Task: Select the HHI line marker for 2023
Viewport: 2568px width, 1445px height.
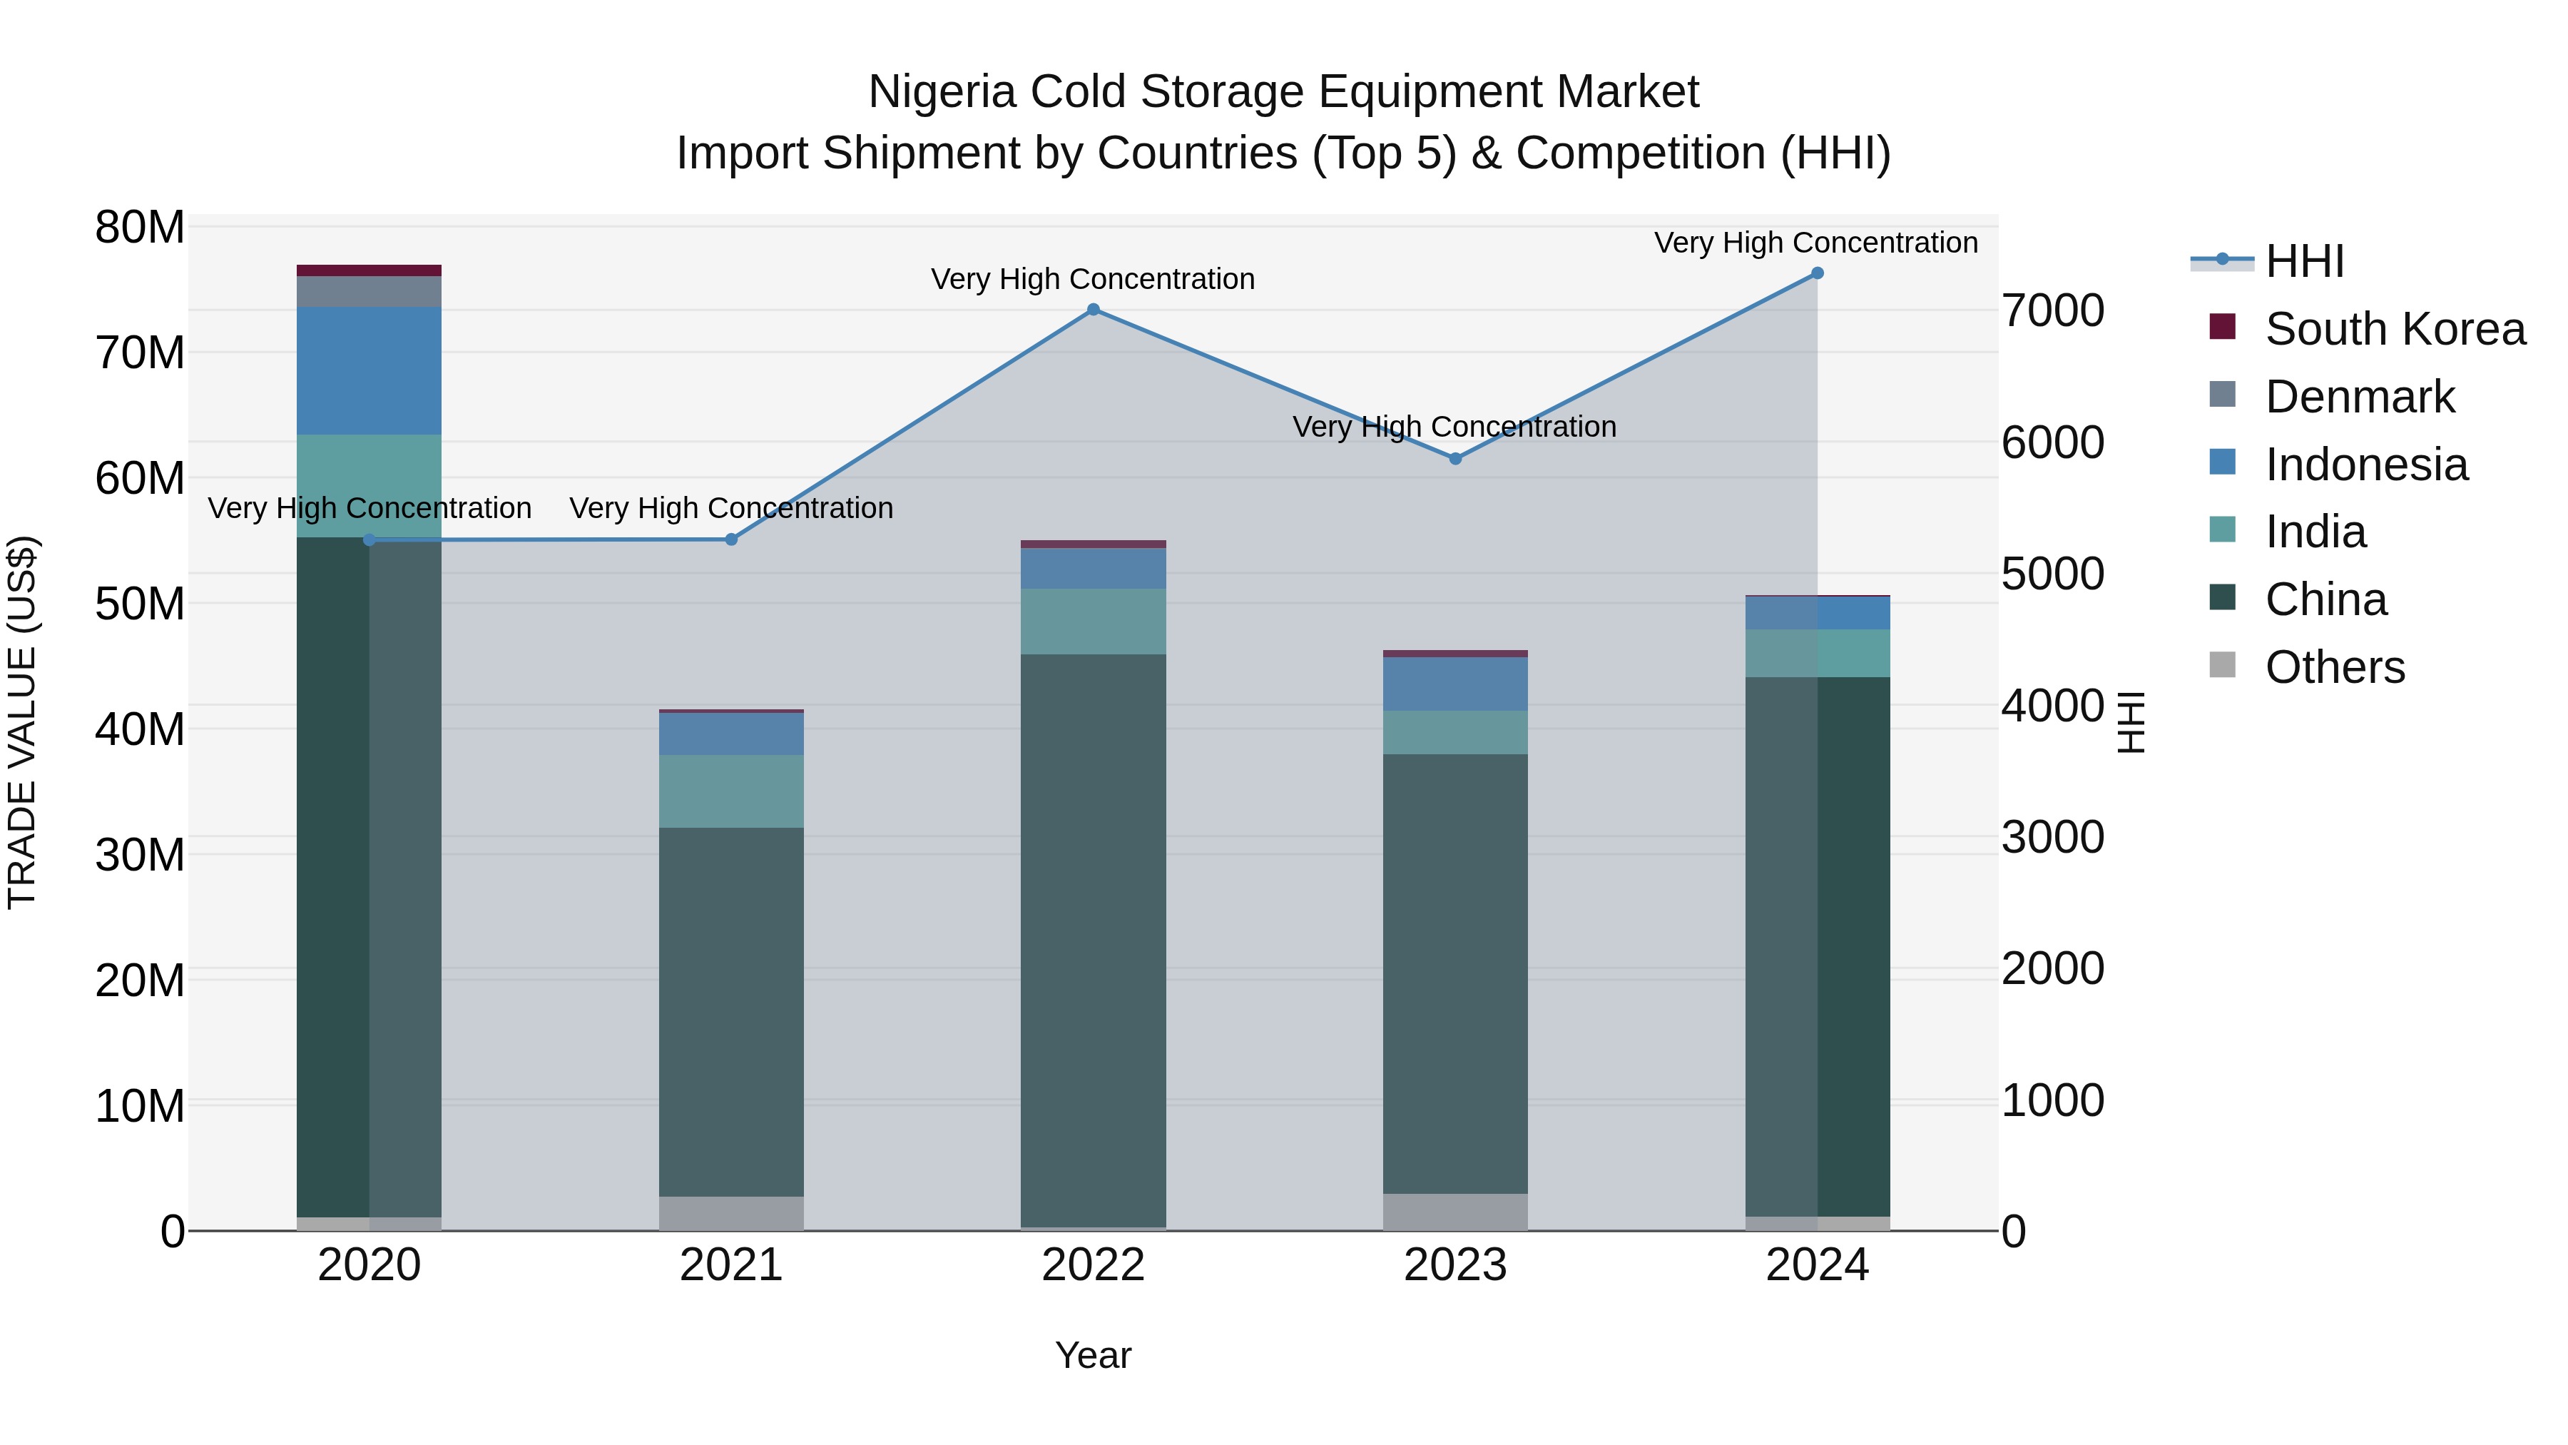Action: click(x=1454, y=459)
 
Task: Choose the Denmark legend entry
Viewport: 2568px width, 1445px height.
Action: click(x=2359, y=397)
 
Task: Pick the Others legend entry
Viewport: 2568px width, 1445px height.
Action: click(x=2334, y=667)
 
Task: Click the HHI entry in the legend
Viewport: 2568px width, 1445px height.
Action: click(x=2304, y=261)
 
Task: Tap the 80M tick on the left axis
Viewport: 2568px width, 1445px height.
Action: click(x=140, y=228)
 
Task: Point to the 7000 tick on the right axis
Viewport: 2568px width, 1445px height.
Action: click(x=2052, y=310)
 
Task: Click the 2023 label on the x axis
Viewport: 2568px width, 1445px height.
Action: click(x=1454, y=1265)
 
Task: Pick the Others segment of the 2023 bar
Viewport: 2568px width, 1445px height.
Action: click(x=1454, y=1212)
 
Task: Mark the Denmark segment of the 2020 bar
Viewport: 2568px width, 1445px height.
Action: click(x=369, y=291)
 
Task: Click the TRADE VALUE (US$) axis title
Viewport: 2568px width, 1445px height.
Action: click(x=22, y=722)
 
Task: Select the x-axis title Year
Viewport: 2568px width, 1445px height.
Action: click(x=1093, y=1355)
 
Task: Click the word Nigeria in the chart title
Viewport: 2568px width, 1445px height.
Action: click(x=942, y=92)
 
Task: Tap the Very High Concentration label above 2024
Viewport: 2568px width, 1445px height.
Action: click(x=1815, y=243)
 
